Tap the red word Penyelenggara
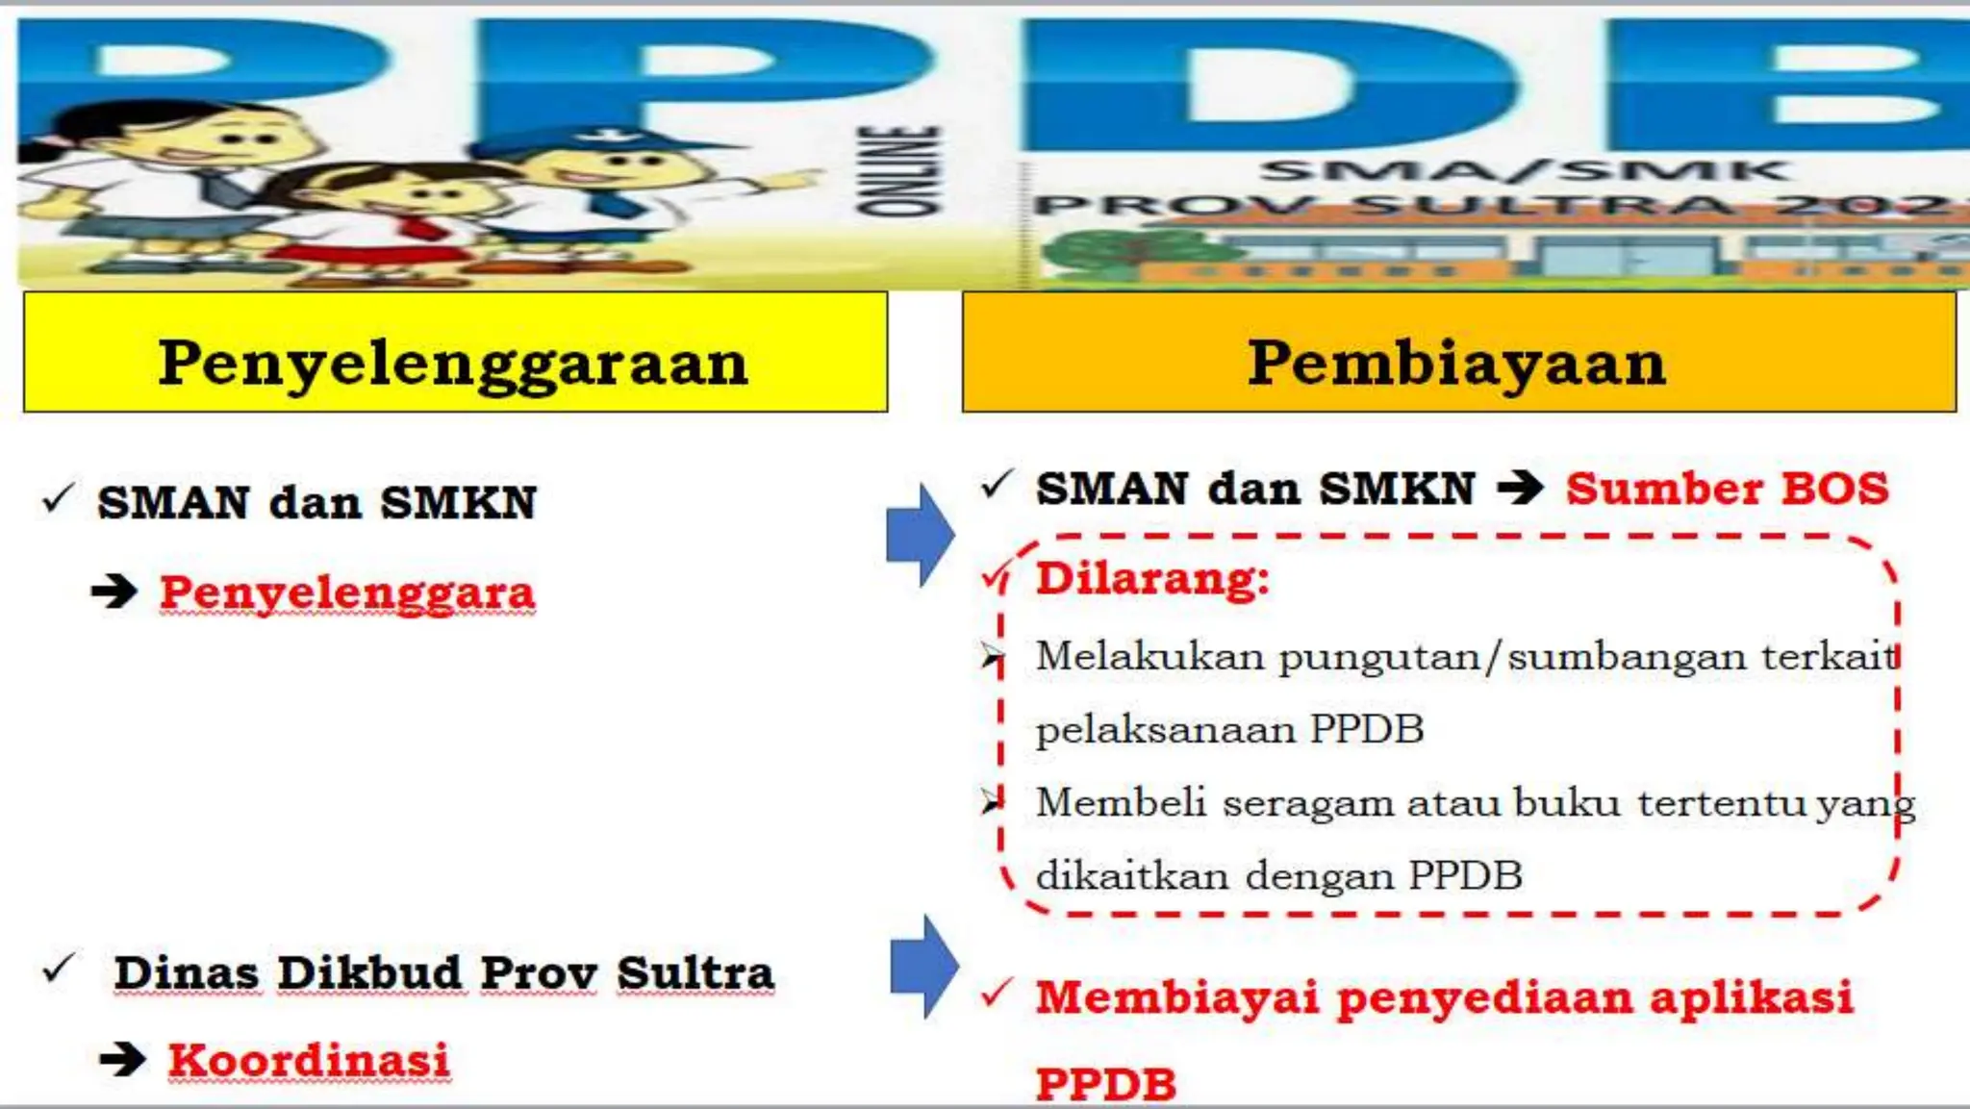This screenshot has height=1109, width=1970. tap(347, 592)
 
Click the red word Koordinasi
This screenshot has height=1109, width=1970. tap(309, 1060)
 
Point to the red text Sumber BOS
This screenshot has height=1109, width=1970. tap(1727, 489)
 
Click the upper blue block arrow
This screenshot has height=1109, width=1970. tap(920, 535)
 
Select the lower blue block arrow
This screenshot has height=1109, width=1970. tap(923, 966)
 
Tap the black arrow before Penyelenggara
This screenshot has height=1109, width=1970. tap(114, 592)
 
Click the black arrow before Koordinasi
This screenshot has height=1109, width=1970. tap(123, 1060)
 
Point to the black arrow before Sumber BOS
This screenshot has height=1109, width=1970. tap(1521, 489)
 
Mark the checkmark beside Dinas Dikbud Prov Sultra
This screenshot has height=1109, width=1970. tap(59, 969)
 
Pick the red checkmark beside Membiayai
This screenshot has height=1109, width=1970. tap(997, 993)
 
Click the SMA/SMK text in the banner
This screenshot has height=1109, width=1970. tap(1525, 171)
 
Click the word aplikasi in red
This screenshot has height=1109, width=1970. tap(1752, 996)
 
